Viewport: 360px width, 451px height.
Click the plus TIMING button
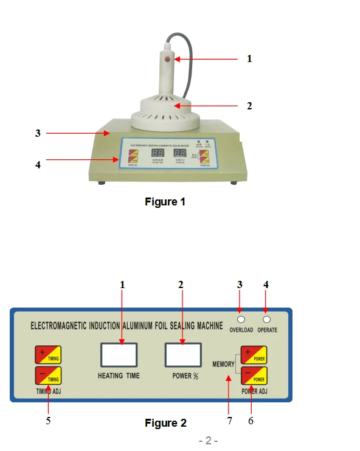pyautogui.click(x=48, y=355)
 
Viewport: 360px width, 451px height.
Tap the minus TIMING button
pyautogui.click(x=48, y=375)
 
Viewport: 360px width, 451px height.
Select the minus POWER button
pyautogui.click(x=254, y=375)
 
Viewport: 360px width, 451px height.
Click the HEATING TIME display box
pyautogui.click(x=119, y=354)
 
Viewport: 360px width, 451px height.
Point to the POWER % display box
pyautogui.click(x=182, y=354)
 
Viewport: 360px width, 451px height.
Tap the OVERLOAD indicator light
pyautogui.click(x=241, y=320)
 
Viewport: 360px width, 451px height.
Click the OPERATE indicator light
pyautogui.click(x=266, y=320)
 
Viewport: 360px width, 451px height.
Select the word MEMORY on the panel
pyautogui.click(x=224, y=364)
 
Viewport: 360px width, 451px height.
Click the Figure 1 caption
pyautogui.click(x=165, y=202)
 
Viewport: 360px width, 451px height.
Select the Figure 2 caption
pyautogui.click(x=165, y=423)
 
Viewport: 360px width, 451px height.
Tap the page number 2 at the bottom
pyautogui.click(x=207, y=441)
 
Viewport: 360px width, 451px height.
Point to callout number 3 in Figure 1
pyautogui.click(x=38, y=133)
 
